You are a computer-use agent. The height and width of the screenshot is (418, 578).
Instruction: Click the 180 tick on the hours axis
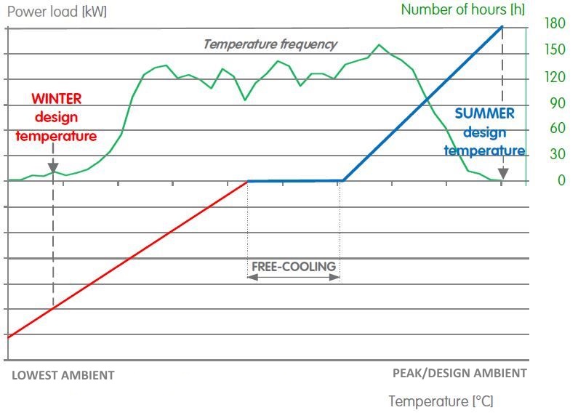point(555,23)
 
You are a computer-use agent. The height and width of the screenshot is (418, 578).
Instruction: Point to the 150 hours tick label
point(555,49)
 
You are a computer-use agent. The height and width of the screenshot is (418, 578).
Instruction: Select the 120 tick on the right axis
point(555,76)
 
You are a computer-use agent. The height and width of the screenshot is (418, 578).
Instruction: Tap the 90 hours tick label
point(557,103)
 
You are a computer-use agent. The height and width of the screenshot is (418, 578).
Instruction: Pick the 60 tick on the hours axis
point(557,129)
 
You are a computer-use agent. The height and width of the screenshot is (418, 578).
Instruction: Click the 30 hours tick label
point(557,155)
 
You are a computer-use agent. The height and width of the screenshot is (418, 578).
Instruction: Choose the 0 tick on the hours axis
point(561,180)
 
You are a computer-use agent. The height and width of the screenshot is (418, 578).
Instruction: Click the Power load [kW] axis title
point(57,12)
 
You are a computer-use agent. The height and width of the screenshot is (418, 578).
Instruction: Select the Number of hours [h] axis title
point(462,9)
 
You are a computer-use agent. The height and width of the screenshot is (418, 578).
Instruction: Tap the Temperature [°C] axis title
point(441,401)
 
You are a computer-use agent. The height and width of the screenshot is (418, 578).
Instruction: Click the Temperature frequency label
point(270,44)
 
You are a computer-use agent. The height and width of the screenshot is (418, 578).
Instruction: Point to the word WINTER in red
point(56,99)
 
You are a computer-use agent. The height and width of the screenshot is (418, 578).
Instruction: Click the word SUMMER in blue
point(484,114)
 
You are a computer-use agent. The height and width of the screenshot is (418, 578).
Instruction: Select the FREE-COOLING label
point(294,266)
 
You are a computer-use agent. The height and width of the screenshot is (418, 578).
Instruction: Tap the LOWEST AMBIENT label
point(63,375)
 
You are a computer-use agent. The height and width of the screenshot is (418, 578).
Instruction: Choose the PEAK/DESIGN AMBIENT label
point(459,373)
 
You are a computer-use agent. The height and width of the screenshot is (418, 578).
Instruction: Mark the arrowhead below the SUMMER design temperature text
point(502,174)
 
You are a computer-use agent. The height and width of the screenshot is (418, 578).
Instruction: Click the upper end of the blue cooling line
point(502,28)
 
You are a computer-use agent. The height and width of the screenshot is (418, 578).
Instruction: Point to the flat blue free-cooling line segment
point(294,181)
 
